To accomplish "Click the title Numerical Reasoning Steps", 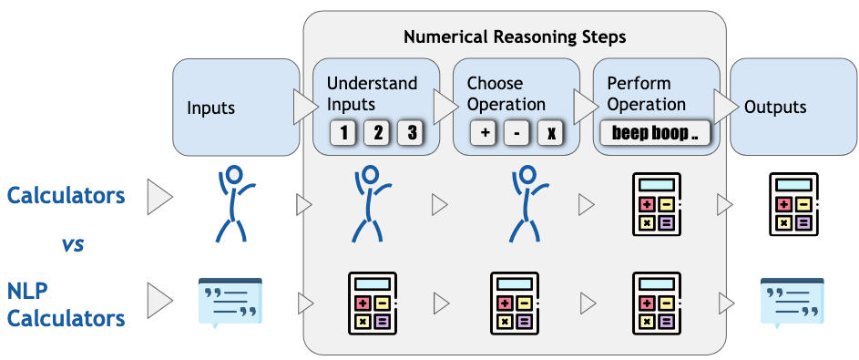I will [x=515, y=38].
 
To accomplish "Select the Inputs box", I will [x=236, y=107].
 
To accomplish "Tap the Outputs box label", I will [x=775, y=108].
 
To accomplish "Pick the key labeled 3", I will [x=411, y=133].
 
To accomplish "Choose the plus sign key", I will [x=484, y=133].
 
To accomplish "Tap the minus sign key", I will [x=516, y=133].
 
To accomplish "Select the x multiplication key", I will [x=550, y=133].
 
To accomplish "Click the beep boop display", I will [x=654, y=133].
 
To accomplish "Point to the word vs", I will [x=73, y=244].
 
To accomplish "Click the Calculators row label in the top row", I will [x=65, y=195].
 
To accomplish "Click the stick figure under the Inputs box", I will [x=234, y=202].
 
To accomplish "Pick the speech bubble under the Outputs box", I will [x=791, y=302].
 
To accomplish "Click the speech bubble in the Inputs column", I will [x=230, y=302].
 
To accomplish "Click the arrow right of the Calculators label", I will [x=159, y=197].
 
